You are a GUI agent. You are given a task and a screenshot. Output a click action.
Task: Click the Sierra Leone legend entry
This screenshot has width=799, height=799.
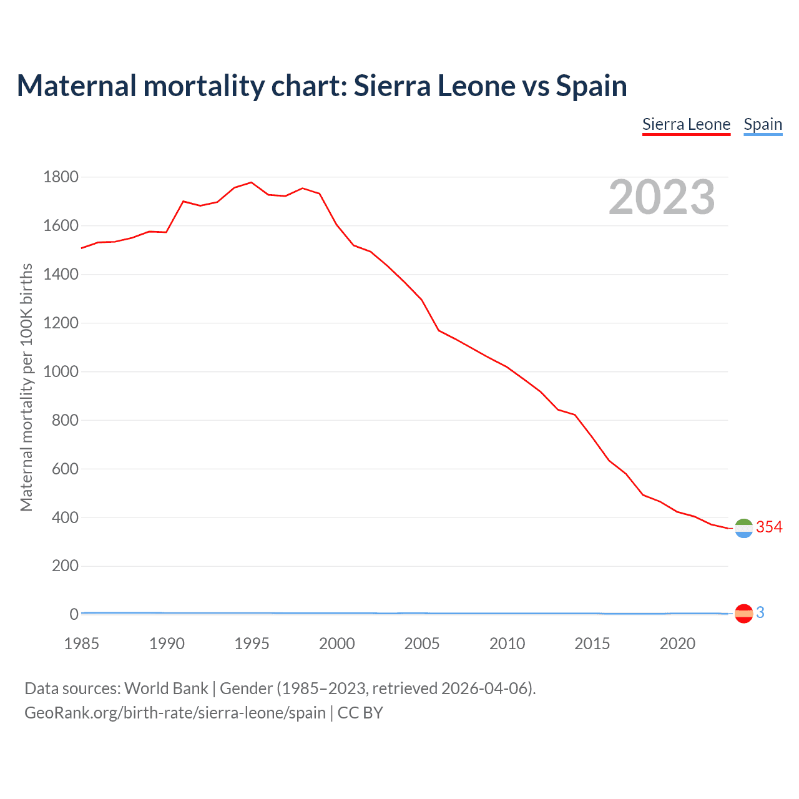pyautogui.click(x=686, y=124)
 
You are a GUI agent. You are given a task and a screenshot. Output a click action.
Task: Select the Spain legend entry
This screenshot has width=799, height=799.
pyautogui.click(x=763, y=124)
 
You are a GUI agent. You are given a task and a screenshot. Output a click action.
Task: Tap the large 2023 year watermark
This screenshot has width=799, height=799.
pyautogui.click(x=662, y=197)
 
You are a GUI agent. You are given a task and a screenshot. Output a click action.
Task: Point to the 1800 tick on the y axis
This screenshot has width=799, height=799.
pyautogui.click(x=61, y=177)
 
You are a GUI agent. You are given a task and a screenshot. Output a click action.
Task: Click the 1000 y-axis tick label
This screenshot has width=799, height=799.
pyautogui.click(x=61, y=371)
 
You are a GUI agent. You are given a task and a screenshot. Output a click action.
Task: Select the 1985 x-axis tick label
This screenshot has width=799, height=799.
pyautogui.click(x=82, y=644)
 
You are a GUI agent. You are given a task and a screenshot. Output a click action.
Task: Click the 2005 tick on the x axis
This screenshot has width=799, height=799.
pyautogui.click(x=422, y=644)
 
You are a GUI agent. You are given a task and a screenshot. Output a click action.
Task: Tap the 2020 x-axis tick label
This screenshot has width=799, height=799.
pyautogui.click(x=677, y=644)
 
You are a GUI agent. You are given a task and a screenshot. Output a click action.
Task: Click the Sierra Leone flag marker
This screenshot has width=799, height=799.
pyautogui.click(x=743, y=528)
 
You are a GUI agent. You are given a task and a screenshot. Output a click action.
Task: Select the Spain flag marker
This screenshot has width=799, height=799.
pyautogui.click(x=743, y=614)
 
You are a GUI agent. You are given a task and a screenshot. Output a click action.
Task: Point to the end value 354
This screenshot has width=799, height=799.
pyautogui.click(x=769, y=527)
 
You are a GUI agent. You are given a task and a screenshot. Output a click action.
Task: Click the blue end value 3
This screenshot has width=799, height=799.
pyautogui.click(x=760, y=613)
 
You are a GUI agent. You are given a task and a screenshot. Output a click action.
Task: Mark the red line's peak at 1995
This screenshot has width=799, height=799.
pyautogui.click(x=252, y=182)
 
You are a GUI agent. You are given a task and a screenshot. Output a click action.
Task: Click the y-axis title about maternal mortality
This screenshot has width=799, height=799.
pyautogui.click(x=26, y=387)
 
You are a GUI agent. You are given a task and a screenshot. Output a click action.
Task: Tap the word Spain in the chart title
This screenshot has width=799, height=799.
pyautogui.click(x=591, y=86)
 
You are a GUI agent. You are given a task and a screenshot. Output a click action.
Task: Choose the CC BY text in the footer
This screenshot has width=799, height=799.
pyautogui.click(x=360, y=713)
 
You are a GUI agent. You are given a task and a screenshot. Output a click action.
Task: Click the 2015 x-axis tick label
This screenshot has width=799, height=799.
pyautogui.click(x=592, y=644)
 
